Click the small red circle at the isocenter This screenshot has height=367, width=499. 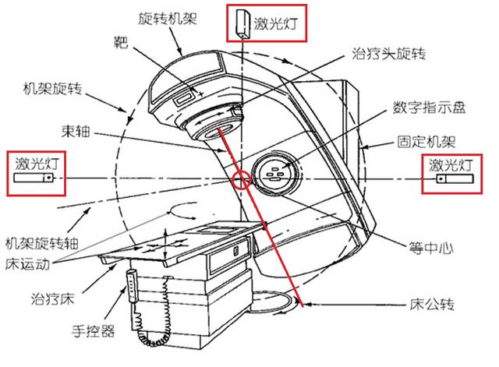[x=242, y=180]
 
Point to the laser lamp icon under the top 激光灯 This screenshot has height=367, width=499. [x=240, y=23]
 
